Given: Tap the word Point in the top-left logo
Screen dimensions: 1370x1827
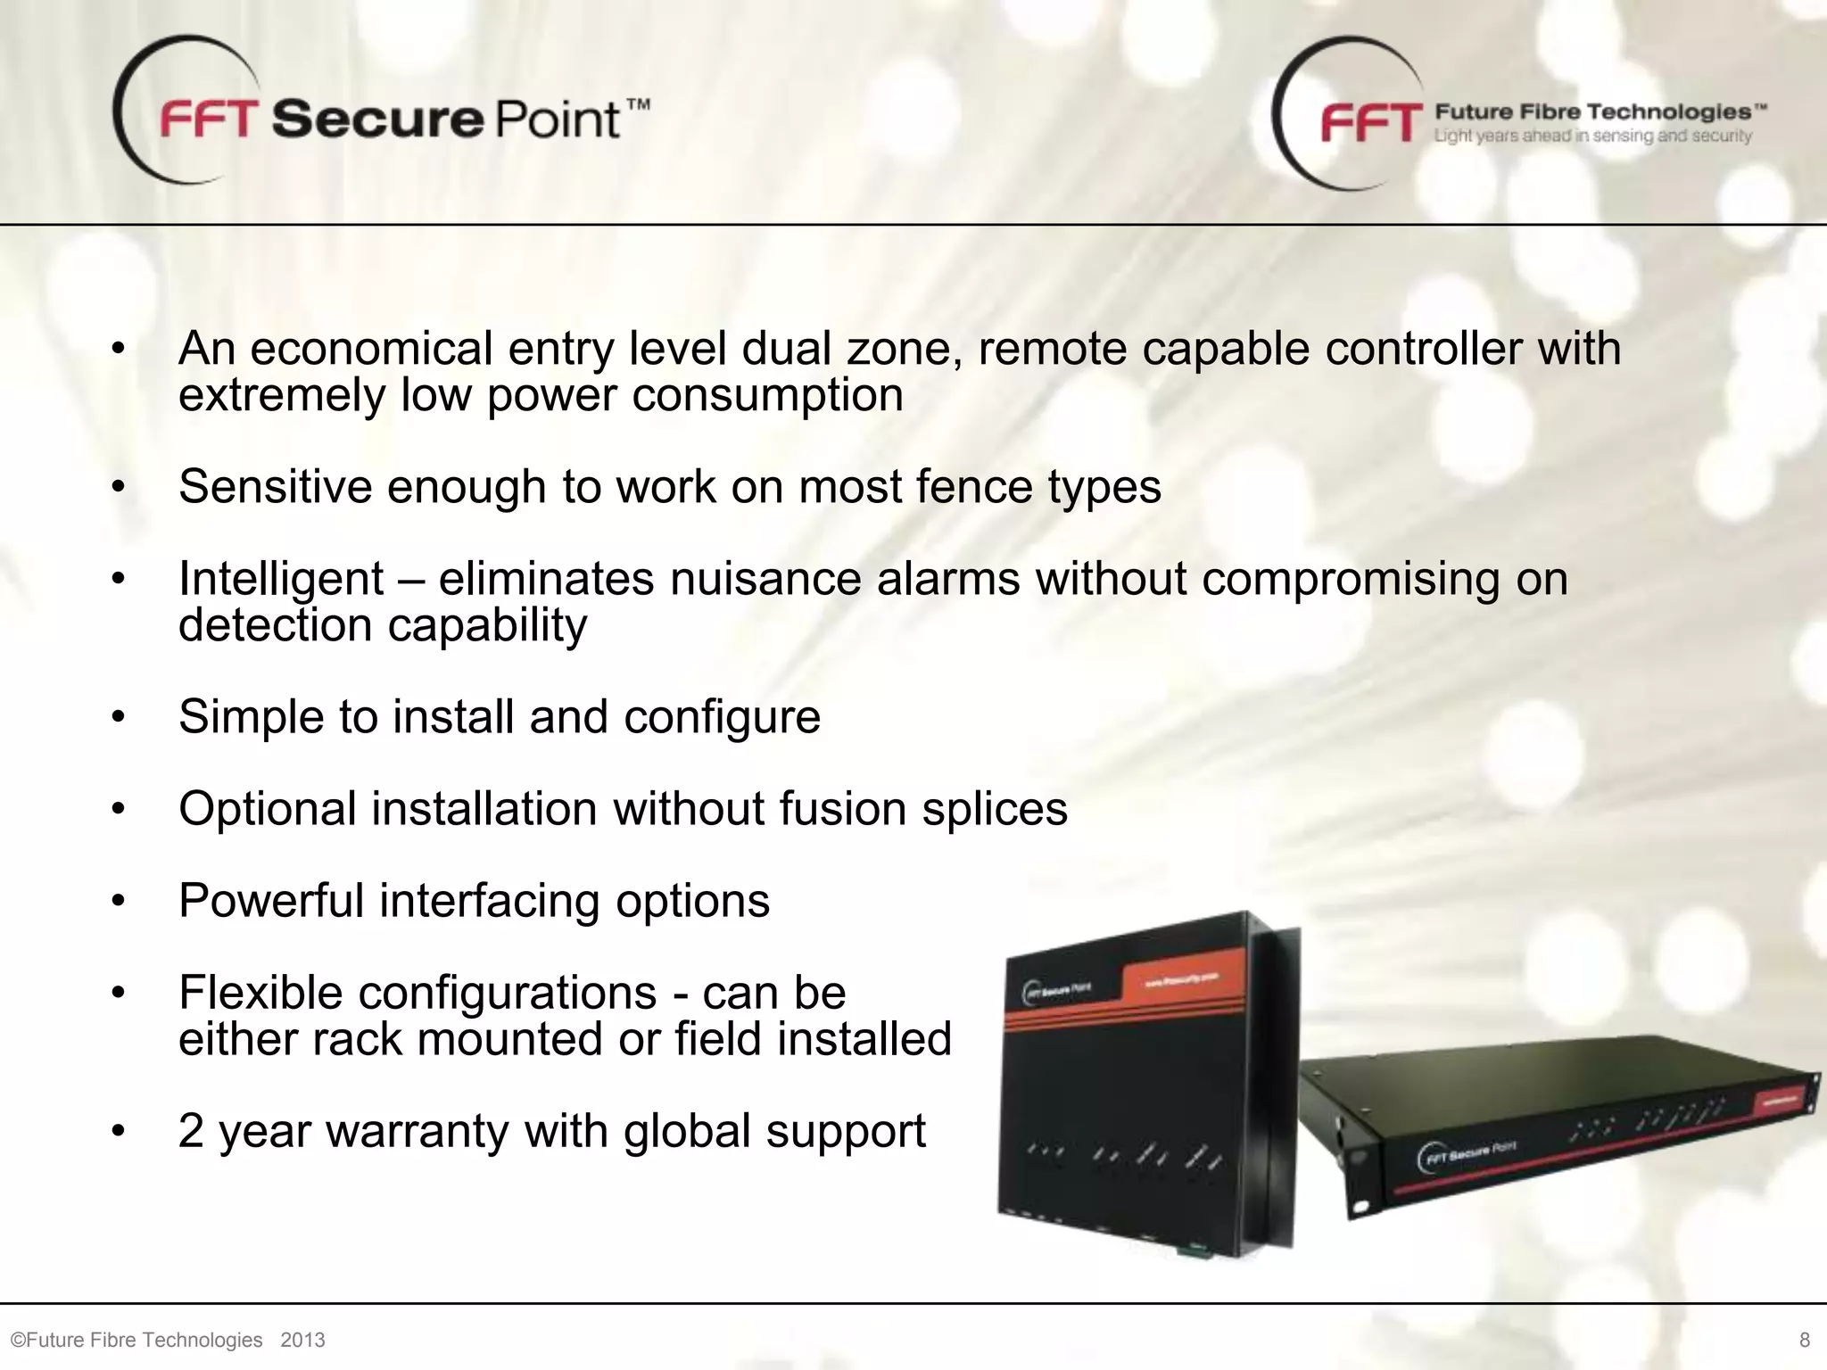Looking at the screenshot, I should [x=556, y=120].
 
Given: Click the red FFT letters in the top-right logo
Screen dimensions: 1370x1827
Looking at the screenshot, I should [x=1372, y=122].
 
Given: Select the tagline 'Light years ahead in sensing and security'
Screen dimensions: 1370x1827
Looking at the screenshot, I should [x=1592, y=136].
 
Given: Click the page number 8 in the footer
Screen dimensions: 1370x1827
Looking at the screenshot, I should [x=1805, y=1340].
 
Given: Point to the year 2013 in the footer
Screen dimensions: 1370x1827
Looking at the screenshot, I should [x=302, y=1340].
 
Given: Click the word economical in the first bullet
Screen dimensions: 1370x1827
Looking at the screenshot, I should [x=371, y=349].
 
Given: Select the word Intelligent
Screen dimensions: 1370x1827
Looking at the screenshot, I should [x=281, y=580].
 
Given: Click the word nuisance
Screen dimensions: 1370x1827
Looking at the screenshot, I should [x=765, y=579].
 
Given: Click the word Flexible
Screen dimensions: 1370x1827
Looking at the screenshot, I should [x=260, y=994].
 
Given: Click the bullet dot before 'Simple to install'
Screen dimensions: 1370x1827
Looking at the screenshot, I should [x=119, y=718].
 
